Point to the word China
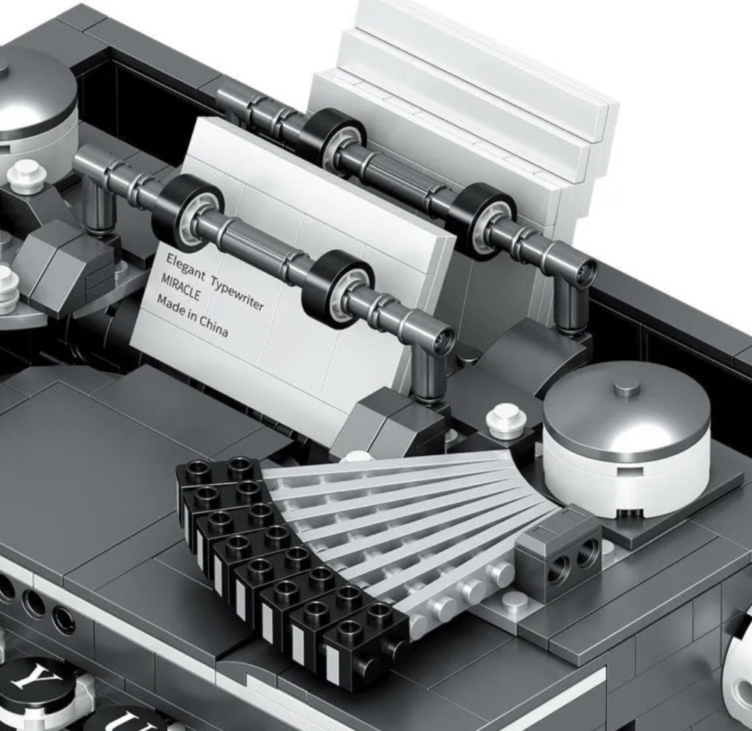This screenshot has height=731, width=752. click(213, 328)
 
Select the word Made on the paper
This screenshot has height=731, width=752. click(172, 305)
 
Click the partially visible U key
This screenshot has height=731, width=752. click(126, 719)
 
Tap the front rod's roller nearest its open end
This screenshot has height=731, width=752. click(340, 289)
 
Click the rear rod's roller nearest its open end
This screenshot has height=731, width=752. click(483, 222)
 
